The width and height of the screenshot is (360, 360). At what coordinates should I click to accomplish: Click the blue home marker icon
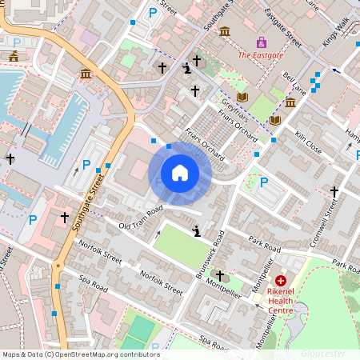(x=180, y=173)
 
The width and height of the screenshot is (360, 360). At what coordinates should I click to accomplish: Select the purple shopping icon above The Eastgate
(x=261, y=42)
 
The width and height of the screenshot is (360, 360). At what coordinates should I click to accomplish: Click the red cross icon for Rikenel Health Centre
(x=281, y=281)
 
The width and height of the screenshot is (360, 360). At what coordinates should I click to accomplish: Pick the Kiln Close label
(x=308, y=143)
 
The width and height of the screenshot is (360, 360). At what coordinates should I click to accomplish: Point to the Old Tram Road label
(x=141, y=218)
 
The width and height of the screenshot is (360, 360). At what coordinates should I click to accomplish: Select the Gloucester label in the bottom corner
(x=323, y=353)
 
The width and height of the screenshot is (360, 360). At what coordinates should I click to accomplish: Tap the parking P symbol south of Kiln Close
(x=263, y=182)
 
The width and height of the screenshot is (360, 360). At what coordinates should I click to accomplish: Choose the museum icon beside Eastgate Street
(x=225, y=31)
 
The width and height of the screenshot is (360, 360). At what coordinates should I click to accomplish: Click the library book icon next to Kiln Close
(x=275, y=120)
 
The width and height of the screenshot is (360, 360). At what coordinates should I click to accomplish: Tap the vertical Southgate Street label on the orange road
(x=90, y=204)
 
